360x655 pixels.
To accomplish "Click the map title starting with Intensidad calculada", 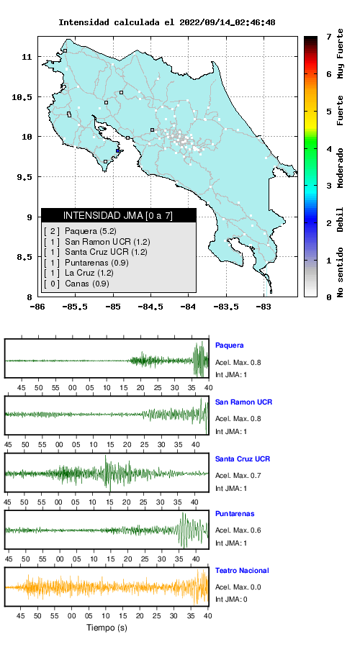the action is [x=166, y=22].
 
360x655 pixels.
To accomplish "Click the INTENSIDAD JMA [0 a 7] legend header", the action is [x=119, y=215].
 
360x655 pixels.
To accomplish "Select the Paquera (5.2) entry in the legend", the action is [x=88, y=231].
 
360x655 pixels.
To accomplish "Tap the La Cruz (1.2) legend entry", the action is [x=89, y=274].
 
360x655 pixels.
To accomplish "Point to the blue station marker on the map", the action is [x=118, y=151].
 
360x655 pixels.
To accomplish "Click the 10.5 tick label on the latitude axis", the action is [x=22, y=97].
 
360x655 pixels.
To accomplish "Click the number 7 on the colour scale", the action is [x=330, y=37].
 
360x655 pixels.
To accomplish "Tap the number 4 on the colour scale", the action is [x=330, y=149].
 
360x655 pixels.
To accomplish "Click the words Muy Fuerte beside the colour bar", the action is [x=341, y=54].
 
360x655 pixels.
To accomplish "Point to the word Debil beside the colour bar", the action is [x=341, y=219].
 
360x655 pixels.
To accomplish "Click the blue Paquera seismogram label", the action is [x=229, y=345].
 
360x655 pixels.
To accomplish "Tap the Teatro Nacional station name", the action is [x=242, y=570].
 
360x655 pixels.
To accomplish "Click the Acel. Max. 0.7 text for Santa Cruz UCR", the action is [x=238, y=475].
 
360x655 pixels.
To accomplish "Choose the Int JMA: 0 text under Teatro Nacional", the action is [x=231, y=600].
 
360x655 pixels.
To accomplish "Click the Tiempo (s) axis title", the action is [x=107, y=628].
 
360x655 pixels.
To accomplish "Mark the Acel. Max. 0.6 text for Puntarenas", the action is [x=238, y=530].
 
